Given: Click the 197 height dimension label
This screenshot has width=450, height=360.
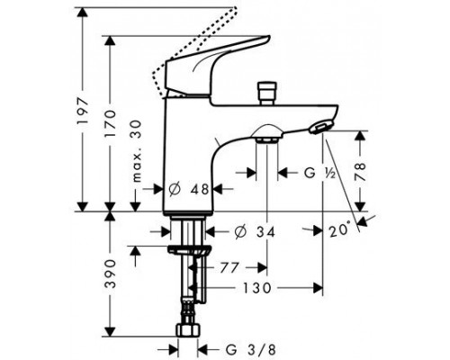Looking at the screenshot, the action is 83,111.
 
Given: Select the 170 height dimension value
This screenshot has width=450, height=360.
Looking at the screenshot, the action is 110,123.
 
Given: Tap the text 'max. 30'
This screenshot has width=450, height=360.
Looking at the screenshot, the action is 137,151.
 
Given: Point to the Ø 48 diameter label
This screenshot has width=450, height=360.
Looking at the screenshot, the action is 189,189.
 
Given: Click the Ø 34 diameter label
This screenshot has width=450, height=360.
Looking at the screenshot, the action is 256,232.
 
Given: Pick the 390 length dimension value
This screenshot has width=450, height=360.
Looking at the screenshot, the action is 110,274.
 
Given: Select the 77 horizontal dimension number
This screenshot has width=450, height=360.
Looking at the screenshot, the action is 229,267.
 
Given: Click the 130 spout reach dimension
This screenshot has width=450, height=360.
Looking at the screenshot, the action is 256,288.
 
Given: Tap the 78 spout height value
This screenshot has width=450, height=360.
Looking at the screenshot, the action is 360,171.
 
